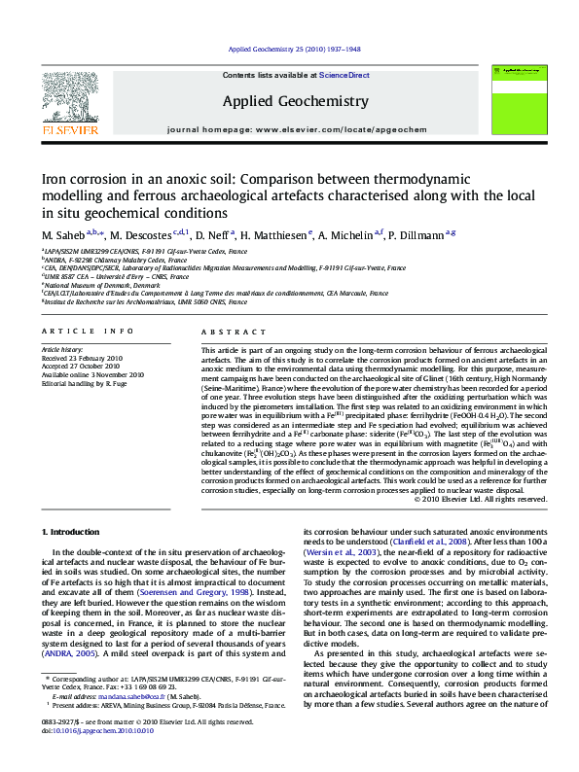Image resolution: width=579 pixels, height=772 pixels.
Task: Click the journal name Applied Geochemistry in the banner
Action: (x=282, y=101)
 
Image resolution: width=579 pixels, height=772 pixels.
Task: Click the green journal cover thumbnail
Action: (x=516, y=101)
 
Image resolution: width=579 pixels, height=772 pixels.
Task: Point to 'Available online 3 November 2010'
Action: (x=92, y=374)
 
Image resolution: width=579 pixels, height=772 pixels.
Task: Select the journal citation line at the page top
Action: (x=289, y=49)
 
